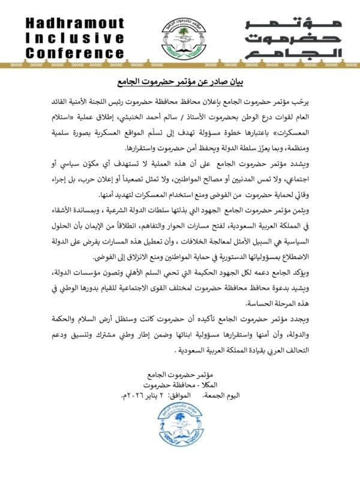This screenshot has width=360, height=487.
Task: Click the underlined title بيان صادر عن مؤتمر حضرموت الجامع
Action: (179, 82)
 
